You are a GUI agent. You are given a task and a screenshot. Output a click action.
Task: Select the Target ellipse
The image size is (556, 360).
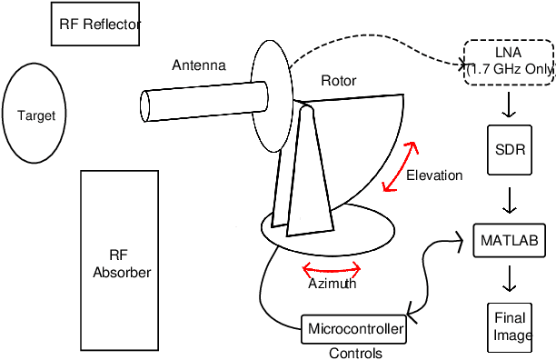36,115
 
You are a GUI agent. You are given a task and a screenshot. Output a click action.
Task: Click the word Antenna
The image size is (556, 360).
198,65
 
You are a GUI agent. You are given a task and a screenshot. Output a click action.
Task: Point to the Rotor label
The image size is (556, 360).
339,81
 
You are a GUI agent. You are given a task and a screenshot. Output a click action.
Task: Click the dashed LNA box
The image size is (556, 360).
509,62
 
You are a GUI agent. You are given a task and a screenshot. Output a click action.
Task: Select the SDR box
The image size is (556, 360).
510,148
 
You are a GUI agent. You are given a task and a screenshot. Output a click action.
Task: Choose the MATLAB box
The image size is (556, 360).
510,241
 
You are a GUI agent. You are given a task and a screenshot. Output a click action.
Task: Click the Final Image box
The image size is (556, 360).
511,325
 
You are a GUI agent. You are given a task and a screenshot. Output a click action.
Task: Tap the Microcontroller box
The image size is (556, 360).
354,328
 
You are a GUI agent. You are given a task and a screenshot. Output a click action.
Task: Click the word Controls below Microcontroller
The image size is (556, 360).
354,353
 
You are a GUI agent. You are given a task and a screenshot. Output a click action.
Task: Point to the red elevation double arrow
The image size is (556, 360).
401,167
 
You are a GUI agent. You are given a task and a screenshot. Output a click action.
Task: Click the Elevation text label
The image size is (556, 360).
434,175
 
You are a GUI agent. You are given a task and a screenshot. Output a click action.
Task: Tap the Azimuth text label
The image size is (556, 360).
332,284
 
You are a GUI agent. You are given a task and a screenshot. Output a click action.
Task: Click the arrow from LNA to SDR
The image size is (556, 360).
510,107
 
